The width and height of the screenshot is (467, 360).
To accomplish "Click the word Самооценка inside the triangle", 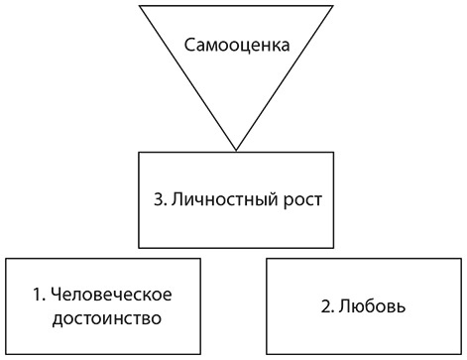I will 236,48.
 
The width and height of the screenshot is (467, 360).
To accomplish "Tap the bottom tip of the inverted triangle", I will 235,150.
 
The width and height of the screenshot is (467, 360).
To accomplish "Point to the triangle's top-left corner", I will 140,6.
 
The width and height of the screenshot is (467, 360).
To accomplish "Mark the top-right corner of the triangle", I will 332,6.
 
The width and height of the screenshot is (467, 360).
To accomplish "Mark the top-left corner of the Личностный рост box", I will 139,151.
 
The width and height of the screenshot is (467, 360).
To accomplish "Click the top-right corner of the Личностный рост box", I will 332,151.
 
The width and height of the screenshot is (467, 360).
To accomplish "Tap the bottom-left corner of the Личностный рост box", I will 139,248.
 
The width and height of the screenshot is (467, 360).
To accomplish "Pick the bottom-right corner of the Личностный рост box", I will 332,248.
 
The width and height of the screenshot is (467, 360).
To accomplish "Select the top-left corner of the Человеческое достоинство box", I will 7,258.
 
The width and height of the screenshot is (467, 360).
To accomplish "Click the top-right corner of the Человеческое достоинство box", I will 202,258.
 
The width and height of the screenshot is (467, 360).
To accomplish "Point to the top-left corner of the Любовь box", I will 268,258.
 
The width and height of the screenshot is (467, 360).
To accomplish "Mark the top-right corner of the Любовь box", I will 462,258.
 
